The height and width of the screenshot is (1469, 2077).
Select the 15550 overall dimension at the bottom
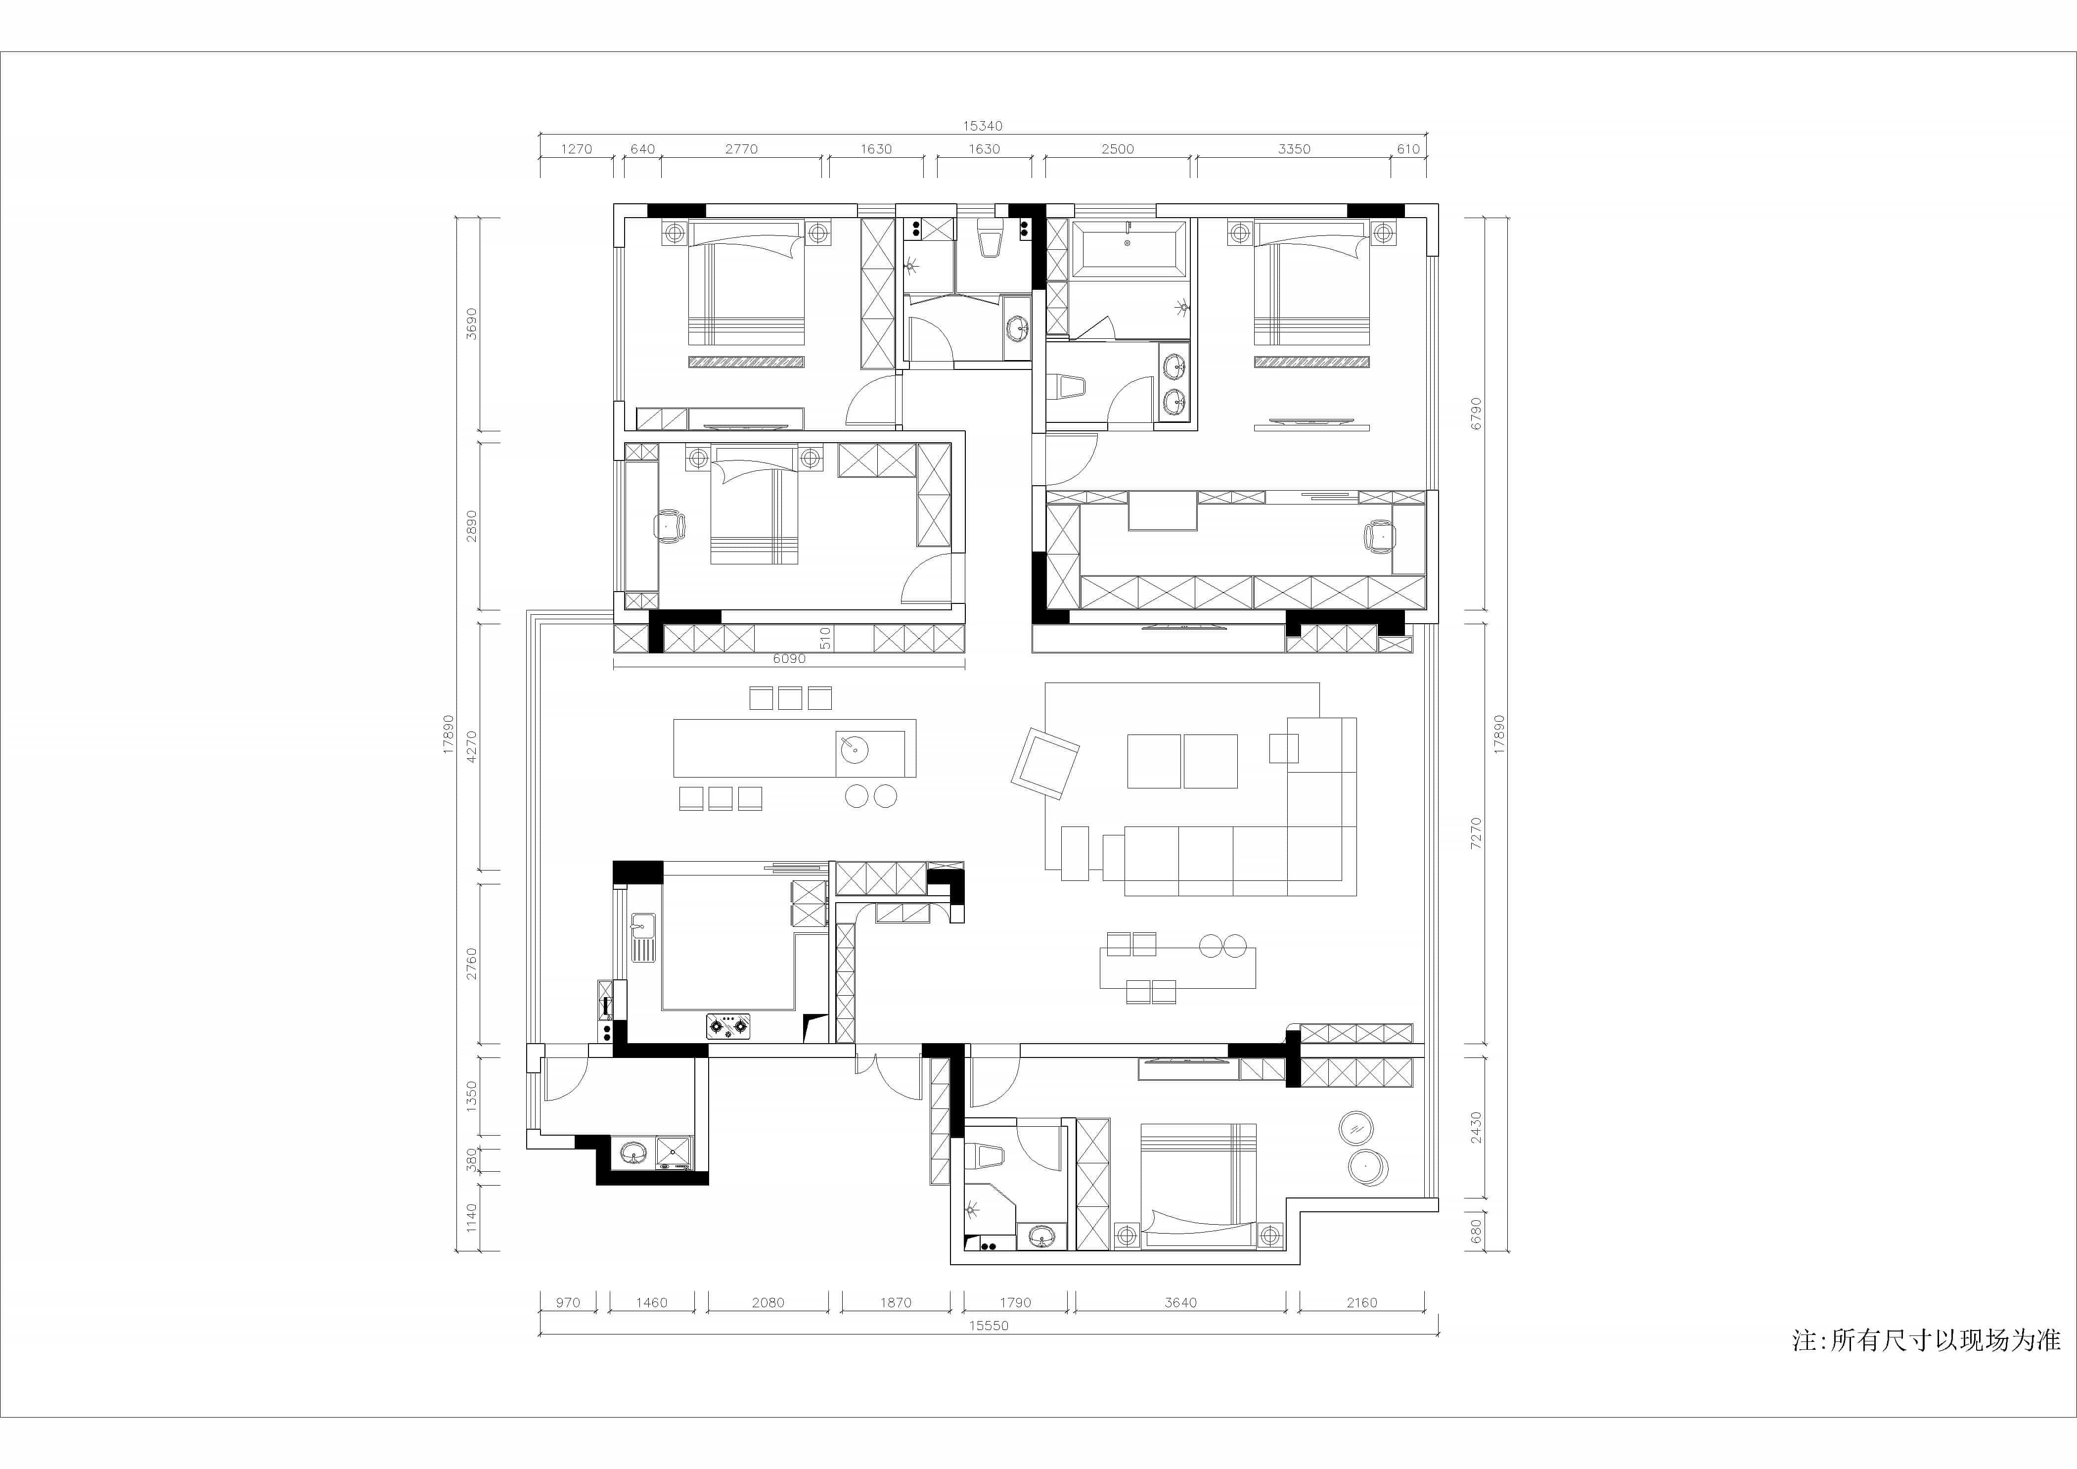coord(989,1326)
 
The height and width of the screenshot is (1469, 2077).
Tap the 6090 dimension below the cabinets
coord(789,658)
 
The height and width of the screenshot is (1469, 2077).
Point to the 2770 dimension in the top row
coord(741,149)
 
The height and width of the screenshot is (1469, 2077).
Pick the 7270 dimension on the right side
coord(1476,832)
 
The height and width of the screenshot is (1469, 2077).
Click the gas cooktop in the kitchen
coord(729,1027)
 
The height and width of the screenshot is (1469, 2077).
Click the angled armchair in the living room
coord(1045,763)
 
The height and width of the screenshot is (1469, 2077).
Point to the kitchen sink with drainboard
coord(643,937)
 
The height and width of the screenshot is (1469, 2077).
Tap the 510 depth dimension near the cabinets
coord(825,639)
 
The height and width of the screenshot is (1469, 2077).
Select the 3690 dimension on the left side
coord(470,324)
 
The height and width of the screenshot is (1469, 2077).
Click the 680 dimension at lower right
coord(1476,1231)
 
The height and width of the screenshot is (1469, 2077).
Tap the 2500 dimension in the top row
coord(1117,149)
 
